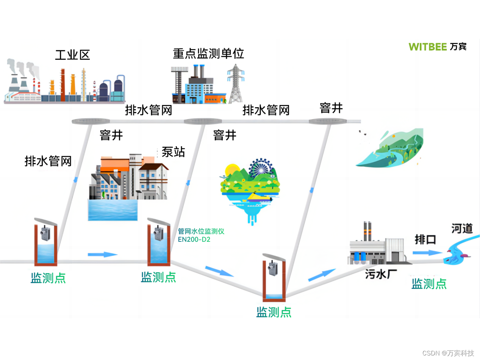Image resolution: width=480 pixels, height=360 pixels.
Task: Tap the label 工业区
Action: [x=72, y=55]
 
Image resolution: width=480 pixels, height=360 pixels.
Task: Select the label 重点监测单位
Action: [x=208, y=53]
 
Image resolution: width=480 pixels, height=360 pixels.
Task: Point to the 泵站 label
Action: [x=173, y=152]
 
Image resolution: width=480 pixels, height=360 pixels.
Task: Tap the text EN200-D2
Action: [x=194, y=239]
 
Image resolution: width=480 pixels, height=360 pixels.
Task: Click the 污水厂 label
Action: [x=381, y=274]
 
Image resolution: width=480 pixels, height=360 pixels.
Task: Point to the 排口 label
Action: [x=425, y=240]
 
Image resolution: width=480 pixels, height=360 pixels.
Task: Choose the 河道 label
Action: [x=462, y=229]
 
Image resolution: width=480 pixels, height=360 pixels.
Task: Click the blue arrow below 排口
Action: [x=424, y=252]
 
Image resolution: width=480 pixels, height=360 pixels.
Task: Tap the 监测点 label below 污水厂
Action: [x=429, y=283]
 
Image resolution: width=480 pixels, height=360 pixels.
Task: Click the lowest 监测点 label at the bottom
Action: [x=274, y=312]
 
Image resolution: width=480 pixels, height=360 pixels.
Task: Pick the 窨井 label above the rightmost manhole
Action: [x=331, y=108]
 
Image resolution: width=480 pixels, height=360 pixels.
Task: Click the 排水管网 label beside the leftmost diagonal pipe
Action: [x=48, y=161]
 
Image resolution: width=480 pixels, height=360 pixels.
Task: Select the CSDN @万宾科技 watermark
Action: [x=448, y=353]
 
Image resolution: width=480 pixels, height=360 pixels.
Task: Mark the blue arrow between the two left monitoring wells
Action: [x=103, y=254]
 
